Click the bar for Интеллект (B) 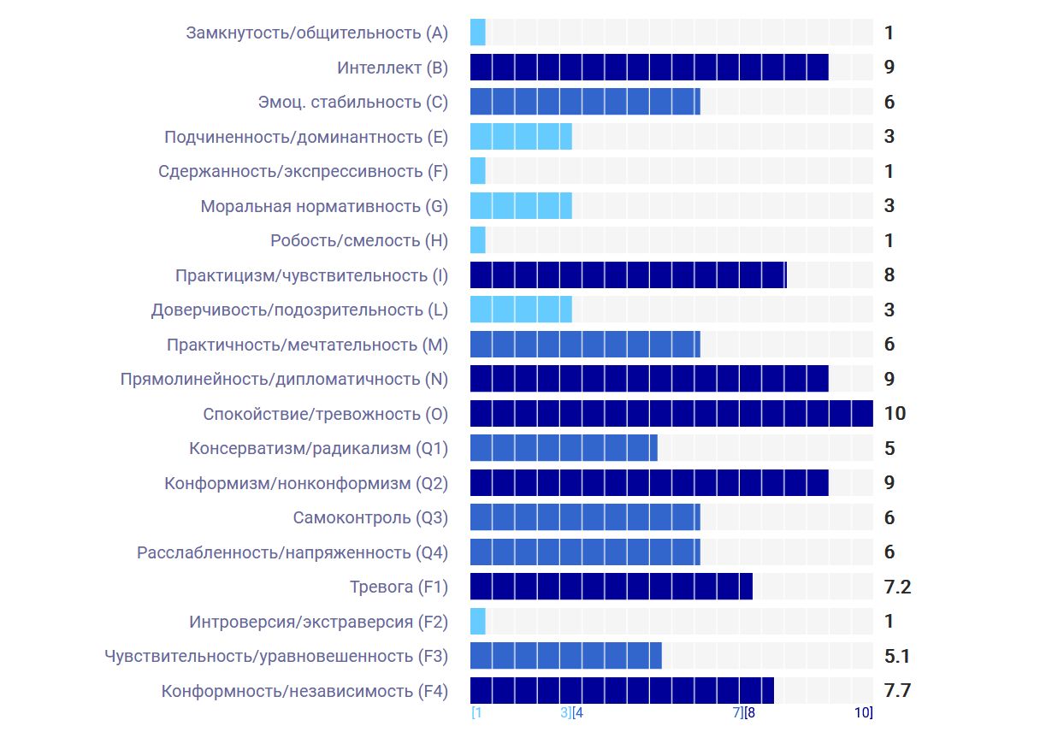point(649,68)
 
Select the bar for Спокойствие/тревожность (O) point(671,414)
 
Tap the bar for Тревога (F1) point(611,587)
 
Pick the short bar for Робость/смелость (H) point(478,240)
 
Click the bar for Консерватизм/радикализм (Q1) point(564,448)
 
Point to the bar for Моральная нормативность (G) point(521,206)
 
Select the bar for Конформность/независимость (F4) point(622,691)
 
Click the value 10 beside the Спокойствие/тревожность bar point(895,414)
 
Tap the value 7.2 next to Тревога point(896,587)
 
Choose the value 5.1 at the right point(896,656)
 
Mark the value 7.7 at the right point(896,691)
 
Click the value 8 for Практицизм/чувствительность point(889,275)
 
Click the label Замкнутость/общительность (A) point(316,33)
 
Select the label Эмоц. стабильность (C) point(352,103)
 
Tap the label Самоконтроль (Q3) point(370,517)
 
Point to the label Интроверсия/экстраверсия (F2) point(318,622)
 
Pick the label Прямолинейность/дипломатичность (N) point(284,379)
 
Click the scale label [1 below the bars point(476,712)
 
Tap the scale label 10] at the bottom point(863,712)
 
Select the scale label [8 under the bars point(749,712)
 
